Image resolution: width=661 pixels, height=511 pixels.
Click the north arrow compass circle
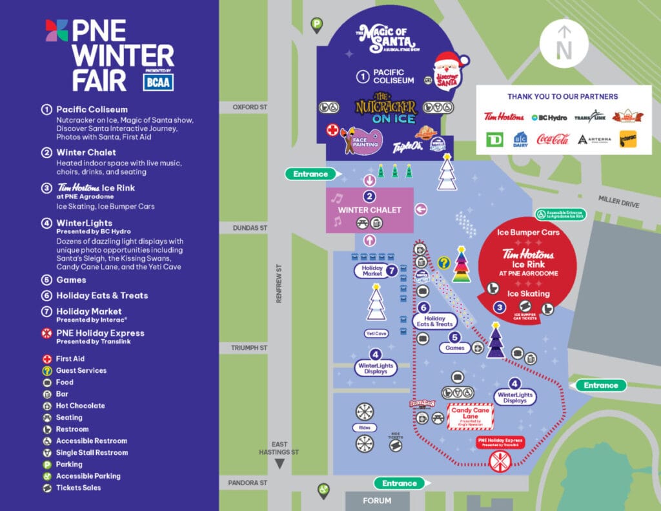[564, 43]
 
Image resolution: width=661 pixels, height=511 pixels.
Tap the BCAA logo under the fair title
[158, 82]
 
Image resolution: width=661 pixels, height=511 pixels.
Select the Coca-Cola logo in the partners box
[553, 139]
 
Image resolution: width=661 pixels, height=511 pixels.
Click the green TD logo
[494, 139]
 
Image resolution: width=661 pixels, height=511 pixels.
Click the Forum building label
[377, 501]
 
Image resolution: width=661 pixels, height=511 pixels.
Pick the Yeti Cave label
[376, 333]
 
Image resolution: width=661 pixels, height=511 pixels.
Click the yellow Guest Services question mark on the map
[443, 263]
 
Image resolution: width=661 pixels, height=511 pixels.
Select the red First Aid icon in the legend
[46, 359]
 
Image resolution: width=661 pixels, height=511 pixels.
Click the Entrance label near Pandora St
[399, 483]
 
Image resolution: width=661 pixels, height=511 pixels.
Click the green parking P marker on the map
[317, 25]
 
